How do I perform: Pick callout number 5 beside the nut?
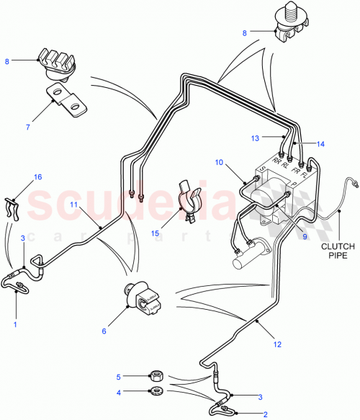(120, 375)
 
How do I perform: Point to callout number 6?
(104, 331)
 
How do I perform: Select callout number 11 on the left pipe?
(74, 205)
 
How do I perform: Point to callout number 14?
(320, 144)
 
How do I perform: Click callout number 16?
(39, 176)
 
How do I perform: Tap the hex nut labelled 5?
(153, 375)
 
